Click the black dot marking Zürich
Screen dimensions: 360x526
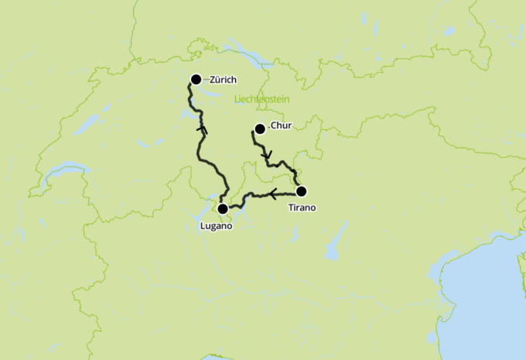click(x=196, y=79)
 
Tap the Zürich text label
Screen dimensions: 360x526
click(x=223, y=80)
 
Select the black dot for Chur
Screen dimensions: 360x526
click(x=260, y=129)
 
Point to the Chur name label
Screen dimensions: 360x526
click(x=282, y=127)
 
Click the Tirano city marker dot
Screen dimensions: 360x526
click(x=302, y=191)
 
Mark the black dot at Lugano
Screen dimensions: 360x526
click(x=223, y=209)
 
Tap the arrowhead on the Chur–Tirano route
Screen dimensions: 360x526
click(x=267, y=157)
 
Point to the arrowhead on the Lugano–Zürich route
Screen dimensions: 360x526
click(x=203, y=129)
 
